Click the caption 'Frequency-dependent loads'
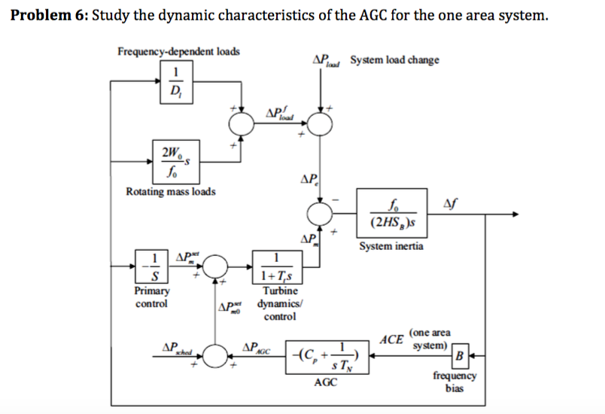(179, 51)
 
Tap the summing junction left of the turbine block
(217, 266)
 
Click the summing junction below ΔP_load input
(322, 122)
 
